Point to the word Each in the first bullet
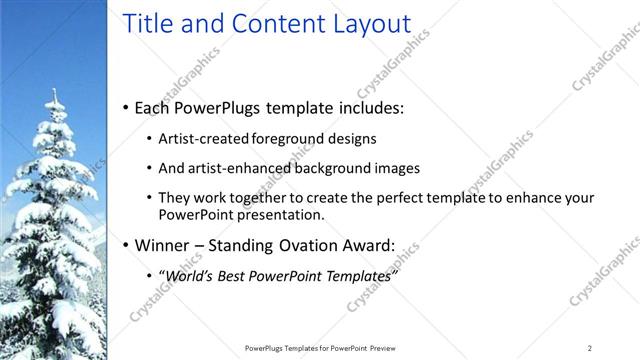154,107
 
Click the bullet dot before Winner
125,245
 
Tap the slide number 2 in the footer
590,347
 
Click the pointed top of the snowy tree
55,92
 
